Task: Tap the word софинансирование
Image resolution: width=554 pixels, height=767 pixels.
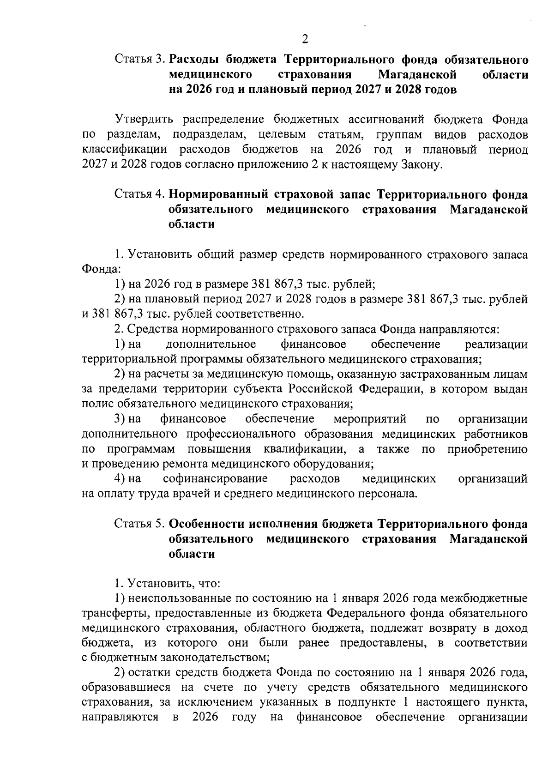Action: (215, 479)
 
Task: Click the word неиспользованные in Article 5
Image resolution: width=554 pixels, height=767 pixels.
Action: (181, 599)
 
